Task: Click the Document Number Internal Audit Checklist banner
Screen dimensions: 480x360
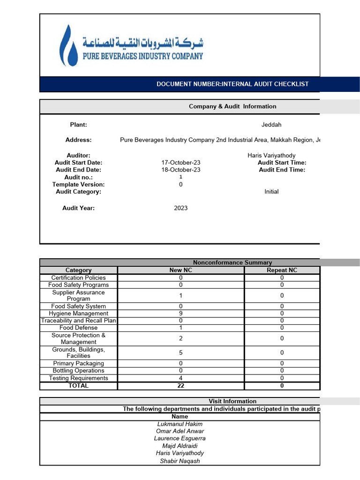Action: point(232,84)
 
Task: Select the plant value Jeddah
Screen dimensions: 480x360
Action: point(271,125)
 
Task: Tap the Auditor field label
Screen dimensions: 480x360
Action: point(78,155)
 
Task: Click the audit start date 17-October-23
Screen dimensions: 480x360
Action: point(180,163)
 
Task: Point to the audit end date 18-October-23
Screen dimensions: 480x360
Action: point(180,170)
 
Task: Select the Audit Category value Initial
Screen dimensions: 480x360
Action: point(271,192)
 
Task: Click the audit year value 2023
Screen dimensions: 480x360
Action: point(180,208)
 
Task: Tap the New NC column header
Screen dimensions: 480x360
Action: point(180,270)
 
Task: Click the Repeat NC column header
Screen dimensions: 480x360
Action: point(282,270)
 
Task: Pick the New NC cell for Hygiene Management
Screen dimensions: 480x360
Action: point(180,314)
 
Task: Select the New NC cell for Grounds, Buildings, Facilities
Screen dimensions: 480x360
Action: point(180,352)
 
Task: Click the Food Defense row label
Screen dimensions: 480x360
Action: point(78,328)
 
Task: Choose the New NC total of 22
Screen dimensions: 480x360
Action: point(180,386)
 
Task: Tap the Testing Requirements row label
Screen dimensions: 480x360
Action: point(78,378)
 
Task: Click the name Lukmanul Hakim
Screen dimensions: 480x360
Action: point(180,424)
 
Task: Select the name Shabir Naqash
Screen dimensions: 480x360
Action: point(180,461)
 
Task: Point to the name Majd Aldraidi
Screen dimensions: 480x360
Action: point(180,446)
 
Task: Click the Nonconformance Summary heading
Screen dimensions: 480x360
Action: point(232,262)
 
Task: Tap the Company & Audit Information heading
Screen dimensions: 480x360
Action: point(232,106)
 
